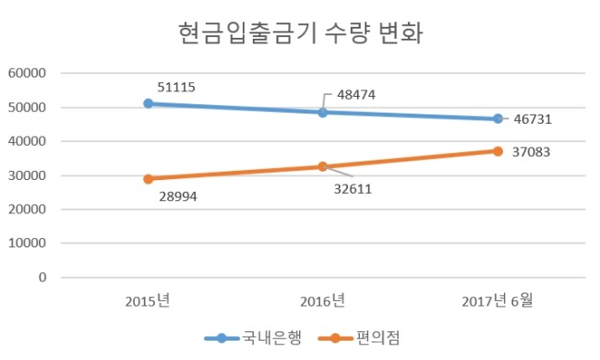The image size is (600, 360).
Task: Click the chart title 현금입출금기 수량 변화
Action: tap(301, 33)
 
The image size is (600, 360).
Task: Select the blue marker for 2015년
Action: tap(148, 103)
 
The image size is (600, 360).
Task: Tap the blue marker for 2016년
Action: tap(323, 113)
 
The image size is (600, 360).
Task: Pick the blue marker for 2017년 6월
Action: tap(498, 118)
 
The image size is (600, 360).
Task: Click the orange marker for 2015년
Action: tap(148, 179)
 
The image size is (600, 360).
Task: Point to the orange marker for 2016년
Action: tap(323, 166)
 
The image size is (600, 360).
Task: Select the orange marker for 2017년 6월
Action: tap(498, 151)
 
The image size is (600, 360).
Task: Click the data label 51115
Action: tap(176, 87)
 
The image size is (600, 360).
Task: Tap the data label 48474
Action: tap(356, 95)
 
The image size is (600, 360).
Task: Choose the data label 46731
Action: tap(533, 119)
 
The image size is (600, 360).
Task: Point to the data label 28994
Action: tap(178, 197)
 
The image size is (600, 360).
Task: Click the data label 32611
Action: tap(353, 189)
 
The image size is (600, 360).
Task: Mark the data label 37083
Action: tap(531, 152)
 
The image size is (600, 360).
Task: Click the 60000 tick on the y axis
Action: tap(27, 73)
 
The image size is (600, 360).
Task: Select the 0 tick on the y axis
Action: tap(42, 277)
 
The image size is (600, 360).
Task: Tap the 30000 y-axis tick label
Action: tap(27, 175)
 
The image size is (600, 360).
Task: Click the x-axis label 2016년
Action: tap(322, 301)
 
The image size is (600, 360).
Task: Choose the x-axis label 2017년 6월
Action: tap(497, 301)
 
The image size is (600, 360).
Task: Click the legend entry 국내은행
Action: tap(254, 338)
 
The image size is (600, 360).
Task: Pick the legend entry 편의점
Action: tap(359, 338)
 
